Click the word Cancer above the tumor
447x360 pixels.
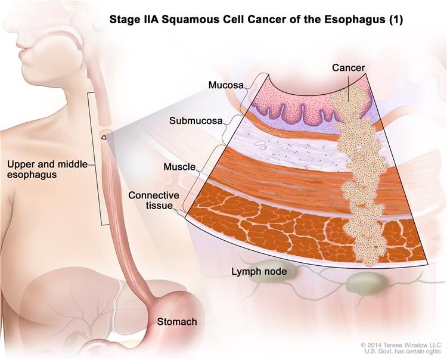(349, 68)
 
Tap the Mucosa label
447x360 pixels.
(226, 85)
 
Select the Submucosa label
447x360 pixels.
(196, 121)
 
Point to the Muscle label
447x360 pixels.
(179, 167)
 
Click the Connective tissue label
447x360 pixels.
(154, 200)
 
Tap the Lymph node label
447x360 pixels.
(259, 271)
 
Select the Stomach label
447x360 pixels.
(177, 321)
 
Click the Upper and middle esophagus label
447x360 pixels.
(47, 169)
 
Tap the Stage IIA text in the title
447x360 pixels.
(135, 20)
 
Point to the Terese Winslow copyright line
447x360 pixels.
(401, 345)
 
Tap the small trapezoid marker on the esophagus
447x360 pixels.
(105, 137)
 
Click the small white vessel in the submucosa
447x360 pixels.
(260, 144)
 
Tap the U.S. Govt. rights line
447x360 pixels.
(403, 352)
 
